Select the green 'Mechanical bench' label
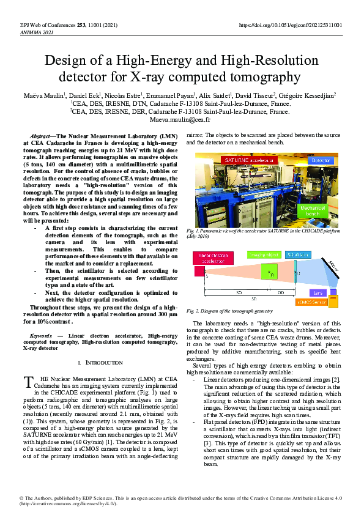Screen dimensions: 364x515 324,210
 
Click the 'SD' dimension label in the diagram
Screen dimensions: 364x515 239,293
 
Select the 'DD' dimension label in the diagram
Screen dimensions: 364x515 281,293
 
